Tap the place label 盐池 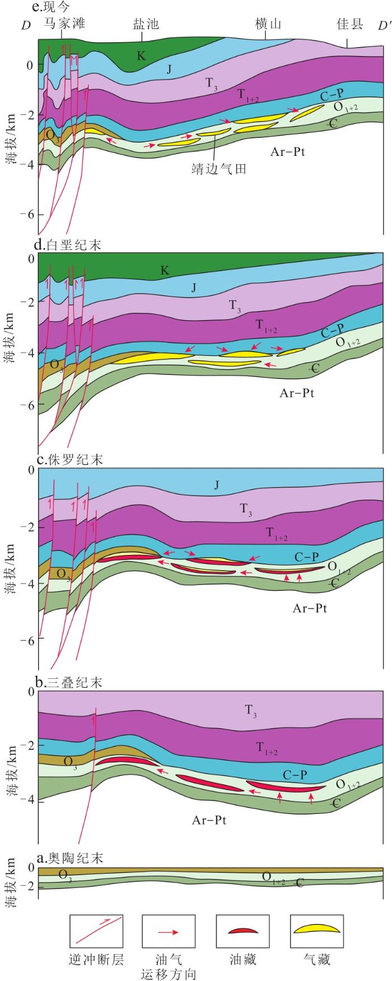[146, 24]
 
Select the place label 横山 [268, 24]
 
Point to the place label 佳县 [350, 24]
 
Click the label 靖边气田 [219, 168]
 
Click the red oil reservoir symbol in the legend [242, 931]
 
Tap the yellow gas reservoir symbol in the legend [317, 929]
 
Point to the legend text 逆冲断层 [96, 960]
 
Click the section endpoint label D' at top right [383, 25]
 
